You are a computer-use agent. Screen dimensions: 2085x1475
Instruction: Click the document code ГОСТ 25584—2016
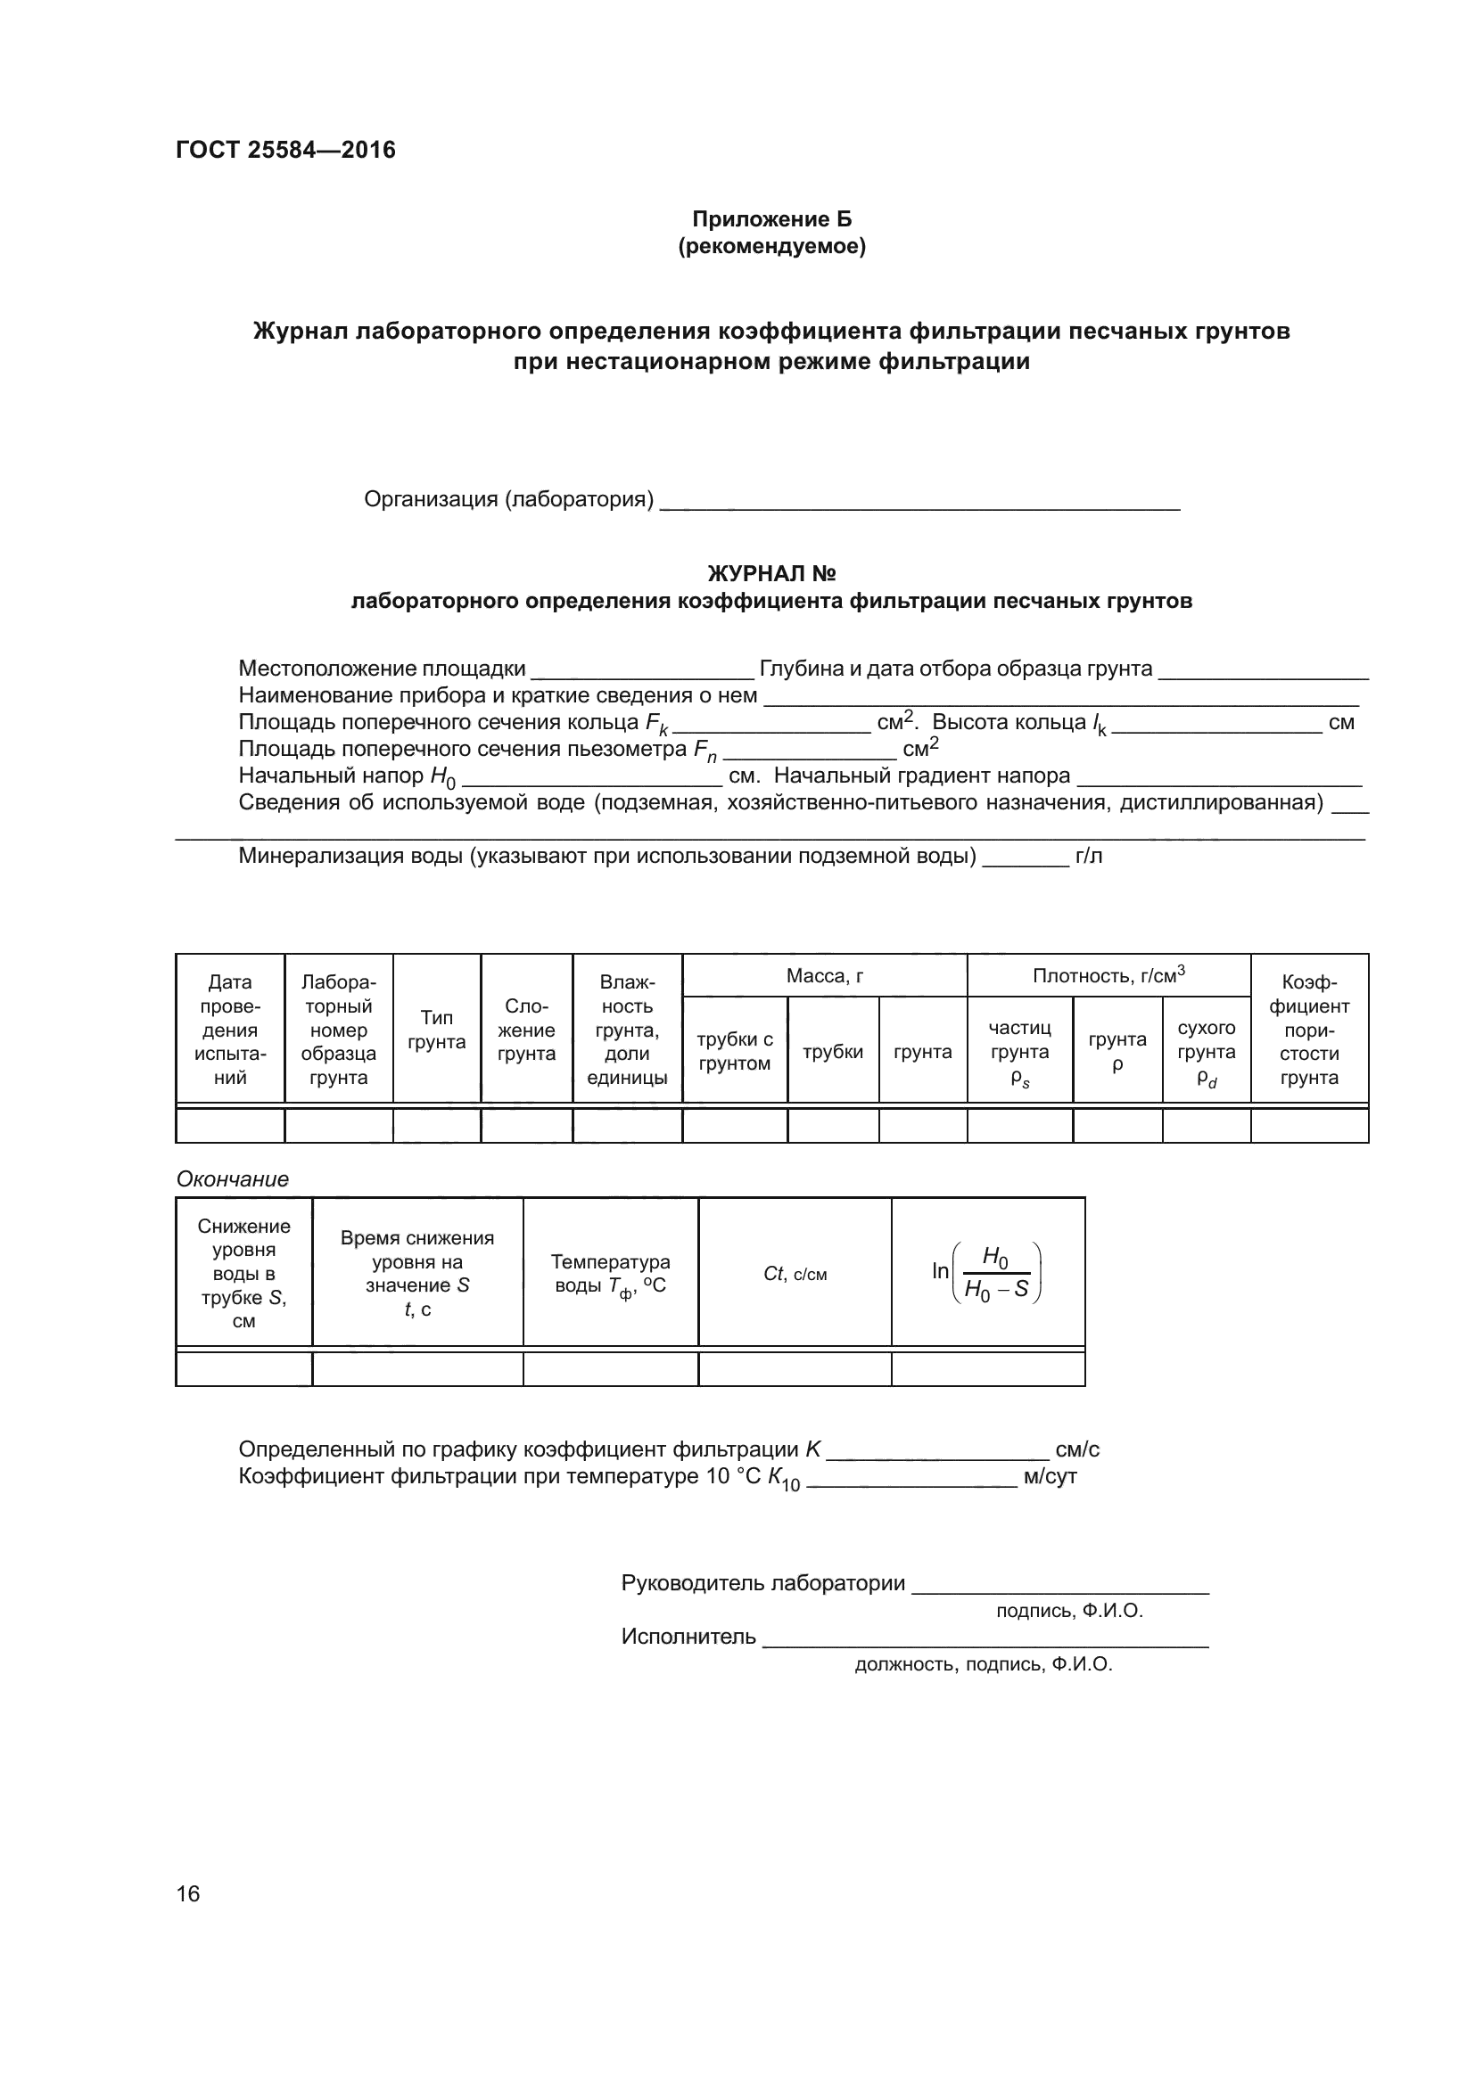tap(285, 150)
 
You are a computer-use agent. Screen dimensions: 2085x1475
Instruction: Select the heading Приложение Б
tap(771, 219)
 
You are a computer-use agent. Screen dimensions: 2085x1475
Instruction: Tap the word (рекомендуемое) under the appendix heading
tap(771, 246)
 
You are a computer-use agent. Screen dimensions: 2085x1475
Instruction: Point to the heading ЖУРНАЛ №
tap(771, 574)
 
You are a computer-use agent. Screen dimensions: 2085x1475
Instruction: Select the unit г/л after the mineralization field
tap(1088, 857)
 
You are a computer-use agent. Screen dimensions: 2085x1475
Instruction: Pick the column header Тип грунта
tap(436, 1030)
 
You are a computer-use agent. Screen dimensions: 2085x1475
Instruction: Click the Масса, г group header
tap(824, 976)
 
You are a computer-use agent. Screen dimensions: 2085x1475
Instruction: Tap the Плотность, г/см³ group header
tap(1108, 976)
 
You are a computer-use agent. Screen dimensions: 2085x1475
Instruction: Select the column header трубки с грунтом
tap(734, 1052)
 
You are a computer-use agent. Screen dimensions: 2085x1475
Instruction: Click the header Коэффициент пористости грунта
tap(1309, 1030)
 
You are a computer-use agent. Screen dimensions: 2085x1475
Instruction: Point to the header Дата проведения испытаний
tap(230, 1030)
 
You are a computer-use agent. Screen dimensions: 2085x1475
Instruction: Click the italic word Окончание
tap(232, 1178)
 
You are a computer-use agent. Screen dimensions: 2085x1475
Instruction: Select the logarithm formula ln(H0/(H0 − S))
tap(987, 1273)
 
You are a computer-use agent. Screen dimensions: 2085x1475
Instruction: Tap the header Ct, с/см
tap(795, 1274)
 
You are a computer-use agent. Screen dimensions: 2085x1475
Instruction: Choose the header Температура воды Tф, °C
tap(610, 1273)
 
